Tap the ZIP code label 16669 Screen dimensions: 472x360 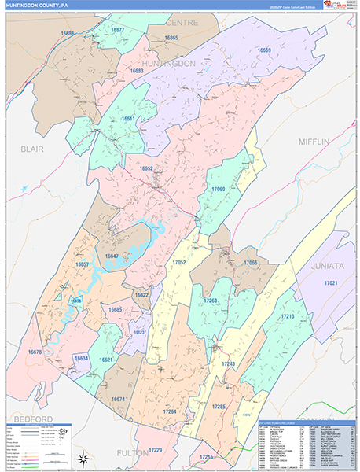264,50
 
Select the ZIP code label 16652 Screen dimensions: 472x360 146,168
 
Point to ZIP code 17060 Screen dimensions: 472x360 218,190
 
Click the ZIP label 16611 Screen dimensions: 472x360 127,119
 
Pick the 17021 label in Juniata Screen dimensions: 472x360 330,283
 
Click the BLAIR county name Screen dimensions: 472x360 31,148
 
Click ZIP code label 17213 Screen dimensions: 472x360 286,316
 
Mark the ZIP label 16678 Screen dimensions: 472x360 35,352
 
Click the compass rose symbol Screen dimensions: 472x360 83,457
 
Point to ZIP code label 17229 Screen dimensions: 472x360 156,449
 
